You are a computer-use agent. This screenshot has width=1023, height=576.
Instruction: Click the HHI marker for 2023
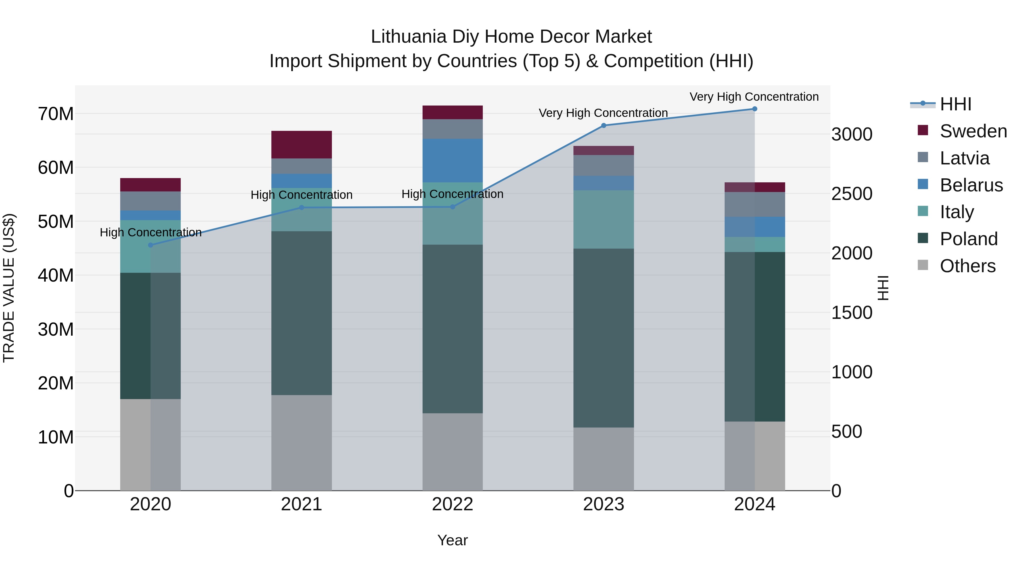(603, 126)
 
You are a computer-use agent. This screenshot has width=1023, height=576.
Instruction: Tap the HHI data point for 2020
(151, 245)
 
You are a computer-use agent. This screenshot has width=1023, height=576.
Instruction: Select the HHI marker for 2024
(754, 109)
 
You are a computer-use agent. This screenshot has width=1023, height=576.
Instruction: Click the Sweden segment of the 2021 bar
(302, 145)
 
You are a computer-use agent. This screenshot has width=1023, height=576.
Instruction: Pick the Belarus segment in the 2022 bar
(452, 161)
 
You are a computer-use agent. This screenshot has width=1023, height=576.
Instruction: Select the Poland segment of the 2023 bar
(603, 338)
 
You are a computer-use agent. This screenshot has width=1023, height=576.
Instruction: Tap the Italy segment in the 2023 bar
(603, 219)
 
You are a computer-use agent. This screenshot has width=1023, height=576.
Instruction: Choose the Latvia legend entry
(964, 158)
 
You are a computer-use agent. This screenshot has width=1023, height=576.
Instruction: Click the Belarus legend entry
(971, 185)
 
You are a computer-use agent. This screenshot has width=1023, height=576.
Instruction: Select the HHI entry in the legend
(955, 104)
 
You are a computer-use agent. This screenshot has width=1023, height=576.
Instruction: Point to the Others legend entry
(967, 266)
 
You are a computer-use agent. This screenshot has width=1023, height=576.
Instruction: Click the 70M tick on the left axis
(56, 114)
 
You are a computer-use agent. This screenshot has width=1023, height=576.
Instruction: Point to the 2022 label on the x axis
(452, 504)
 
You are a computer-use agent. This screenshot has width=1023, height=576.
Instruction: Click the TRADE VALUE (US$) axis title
(9, 288)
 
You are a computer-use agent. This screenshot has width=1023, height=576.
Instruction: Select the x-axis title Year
(452, 540)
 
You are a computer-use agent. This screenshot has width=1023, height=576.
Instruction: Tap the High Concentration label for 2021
(302, 195)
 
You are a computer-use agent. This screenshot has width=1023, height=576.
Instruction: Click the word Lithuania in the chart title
(408, 37)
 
